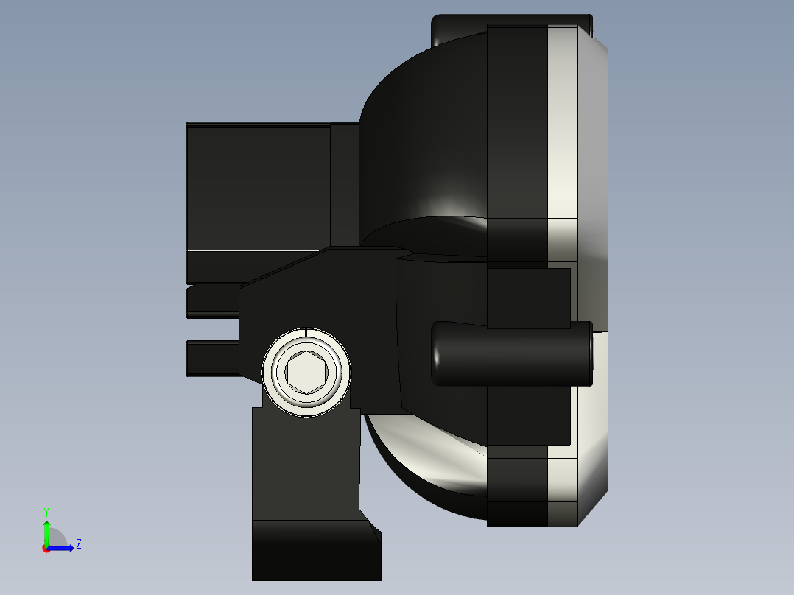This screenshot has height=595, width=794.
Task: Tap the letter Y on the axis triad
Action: point(46,510)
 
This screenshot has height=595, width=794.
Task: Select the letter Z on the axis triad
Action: point(78,544)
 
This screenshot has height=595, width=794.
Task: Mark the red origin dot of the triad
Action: point(46,549)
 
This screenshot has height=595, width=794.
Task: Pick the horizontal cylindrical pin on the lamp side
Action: point(512,353)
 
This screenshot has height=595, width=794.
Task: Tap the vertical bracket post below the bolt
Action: point(305,464)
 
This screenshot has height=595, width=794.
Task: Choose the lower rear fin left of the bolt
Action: point(212,359)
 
